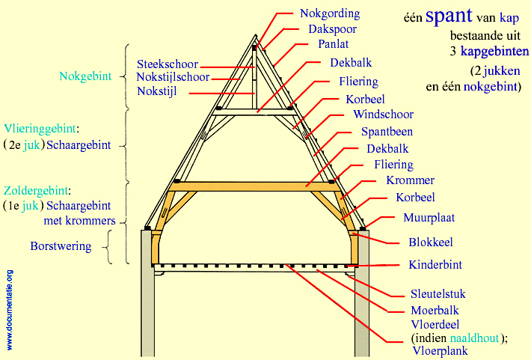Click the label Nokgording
[x=329, y=13]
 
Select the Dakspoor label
[x=332, y=29]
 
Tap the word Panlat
[x=333, y=44]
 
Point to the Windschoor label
[x=383, y=115]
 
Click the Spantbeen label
[x=387, y=132]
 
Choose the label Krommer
[x=410, y=180]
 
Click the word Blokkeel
[x=430, y=242]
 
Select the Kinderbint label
[x=435, y=264]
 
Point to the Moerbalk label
[x=435, y=310]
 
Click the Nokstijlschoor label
[x=173, y=77]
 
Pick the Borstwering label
[x=61, y=245]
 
